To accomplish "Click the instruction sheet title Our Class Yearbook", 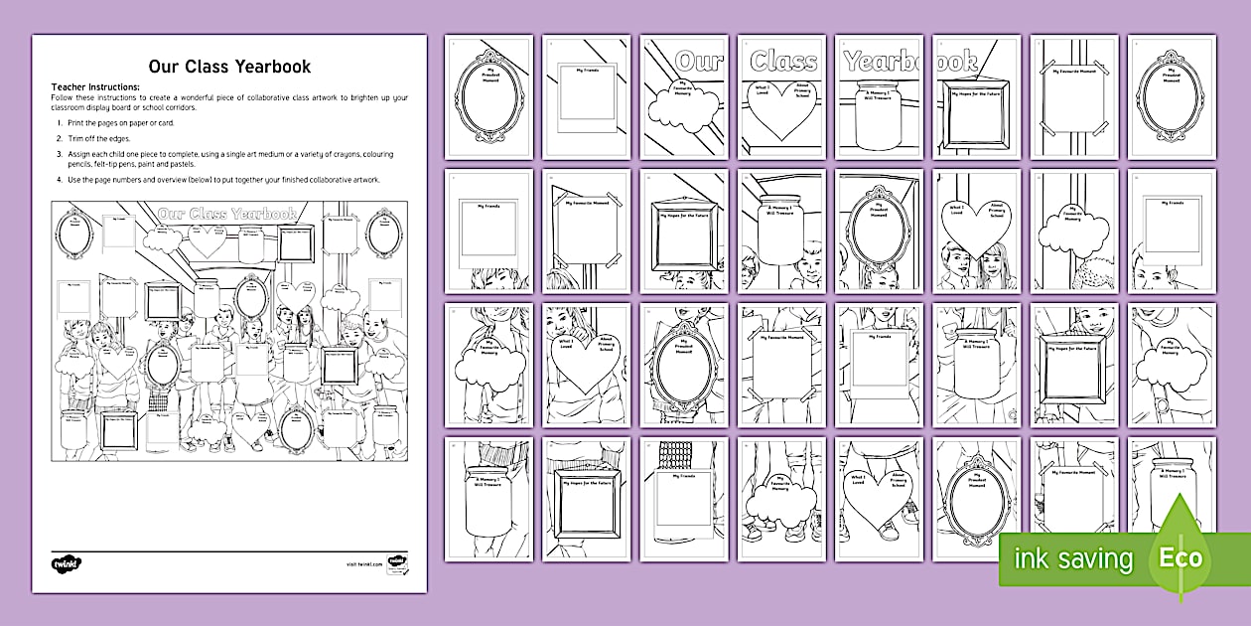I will [x=229, y=67].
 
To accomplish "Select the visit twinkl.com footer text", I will [x=363, y=564].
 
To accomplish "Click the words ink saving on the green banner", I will [x=1072, y=559].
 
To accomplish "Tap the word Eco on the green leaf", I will [x=1180, y=557].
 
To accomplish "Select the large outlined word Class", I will [x=782, y=61].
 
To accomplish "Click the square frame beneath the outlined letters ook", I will [x=976, y=117].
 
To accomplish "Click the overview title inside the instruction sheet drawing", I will [x=228, y=214].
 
